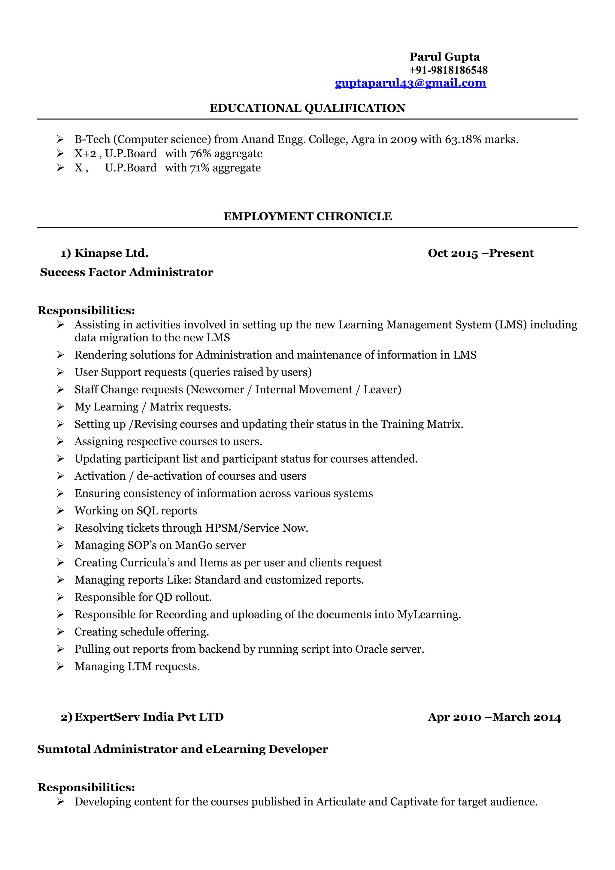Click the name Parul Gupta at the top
click(x=444, y=57)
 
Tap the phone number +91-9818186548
click(x=448, y=70)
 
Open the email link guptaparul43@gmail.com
click(x=411, y=83)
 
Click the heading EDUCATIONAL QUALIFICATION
click(x=307, y=108)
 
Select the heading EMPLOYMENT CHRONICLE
click(x=307, y=216)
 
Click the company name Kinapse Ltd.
click(x=111, y=253)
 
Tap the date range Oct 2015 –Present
click(x=480, y=253)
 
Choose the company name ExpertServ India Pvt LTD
click(x=149, y=717)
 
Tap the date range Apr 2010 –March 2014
click(x=494, y=717)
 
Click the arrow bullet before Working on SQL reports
click(x=60, y=511)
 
